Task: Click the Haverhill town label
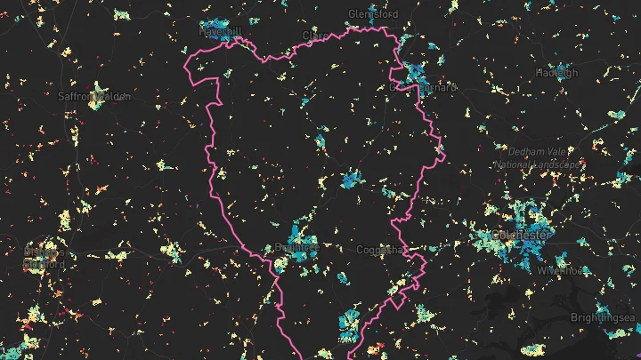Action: [x=221, y=32]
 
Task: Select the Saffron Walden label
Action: [x=94, y=95]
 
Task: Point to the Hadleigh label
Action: [x=556, y=73]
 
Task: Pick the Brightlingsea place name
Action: [x=603, y=317]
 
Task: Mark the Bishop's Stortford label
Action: [x=45, y=257]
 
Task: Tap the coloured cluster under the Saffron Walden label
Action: [x=95, y=106]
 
